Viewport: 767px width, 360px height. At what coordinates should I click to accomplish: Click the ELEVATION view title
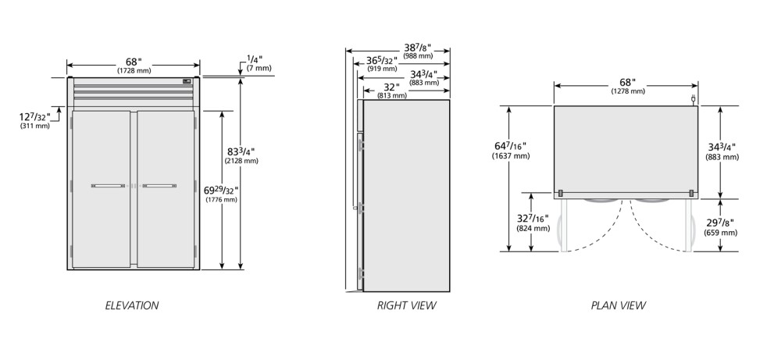[x=132, y=305]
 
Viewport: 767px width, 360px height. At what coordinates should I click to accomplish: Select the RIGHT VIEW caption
[x=406, y=305]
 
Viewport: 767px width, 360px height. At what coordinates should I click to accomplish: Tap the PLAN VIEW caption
[x=619, y=305]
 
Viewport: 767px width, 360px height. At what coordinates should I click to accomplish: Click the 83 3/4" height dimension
[x=241, y=151]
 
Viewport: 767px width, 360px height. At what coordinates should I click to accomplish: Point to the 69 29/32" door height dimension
[x=223, y=190]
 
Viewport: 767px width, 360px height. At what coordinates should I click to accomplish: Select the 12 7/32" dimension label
[x=34, y=117]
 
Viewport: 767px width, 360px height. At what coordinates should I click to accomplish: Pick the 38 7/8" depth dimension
[x=417, y=48]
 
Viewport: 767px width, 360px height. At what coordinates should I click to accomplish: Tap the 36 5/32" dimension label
[x=382, y=61]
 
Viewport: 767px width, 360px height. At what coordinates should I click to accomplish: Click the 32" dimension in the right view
[x=392, y=87]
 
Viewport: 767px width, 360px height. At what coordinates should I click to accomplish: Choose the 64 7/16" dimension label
[x=510, y=146]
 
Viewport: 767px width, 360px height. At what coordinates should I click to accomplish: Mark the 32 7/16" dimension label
[x=533, y=218]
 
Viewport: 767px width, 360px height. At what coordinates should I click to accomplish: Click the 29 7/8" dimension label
[x=720, y=223]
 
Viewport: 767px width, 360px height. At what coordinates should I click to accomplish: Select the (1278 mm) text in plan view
[x=628, y=91]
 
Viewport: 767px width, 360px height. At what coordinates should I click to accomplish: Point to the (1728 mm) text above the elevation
[x=134, y=71]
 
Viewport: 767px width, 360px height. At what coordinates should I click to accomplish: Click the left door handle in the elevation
[x=108, y=186]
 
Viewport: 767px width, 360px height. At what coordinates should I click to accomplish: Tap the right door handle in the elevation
[x=159, y=186]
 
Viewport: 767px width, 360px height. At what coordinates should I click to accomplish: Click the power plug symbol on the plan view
[x=693, y=100]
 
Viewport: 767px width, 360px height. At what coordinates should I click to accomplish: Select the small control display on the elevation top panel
[x=187, y=81]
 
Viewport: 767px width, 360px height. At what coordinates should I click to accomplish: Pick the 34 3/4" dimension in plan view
[x=722, y=147]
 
